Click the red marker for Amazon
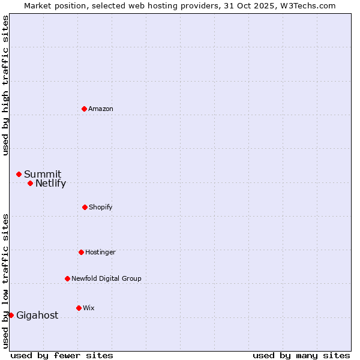(84, 109)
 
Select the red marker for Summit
(19, 174)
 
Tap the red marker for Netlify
(30, 183)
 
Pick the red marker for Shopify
(85, 207)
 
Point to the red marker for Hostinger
(81, 252)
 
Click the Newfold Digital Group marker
(67, 278)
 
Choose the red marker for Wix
(79, 308)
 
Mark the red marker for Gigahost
(11, 315)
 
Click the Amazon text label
(101, 109)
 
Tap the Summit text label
(43, 175)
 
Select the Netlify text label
(50, 184)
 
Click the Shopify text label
(101, 207)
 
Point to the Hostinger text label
(100, 252)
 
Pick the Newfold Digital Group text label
(106, 278)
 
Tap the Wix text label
(89, 308)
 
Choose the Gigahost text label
(37, 316)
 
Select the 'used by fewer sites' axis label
(62, 355)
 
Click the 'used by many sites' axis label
(301, 355)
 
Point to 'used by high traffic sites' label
(5, 85)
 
